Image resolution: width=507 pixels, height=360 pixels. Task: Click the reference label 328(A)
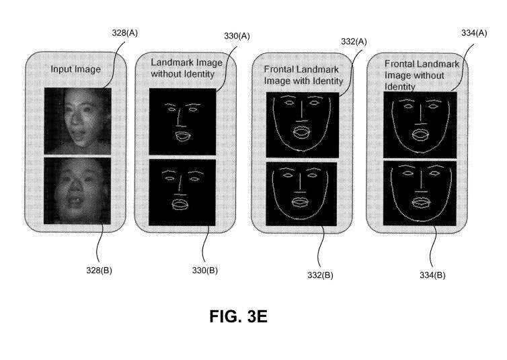(125, 33)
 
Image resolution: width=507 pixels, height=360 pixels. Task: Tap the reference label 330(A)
(237, 36)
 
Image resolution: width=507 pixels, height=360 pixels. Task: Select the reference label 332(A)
(354, 42)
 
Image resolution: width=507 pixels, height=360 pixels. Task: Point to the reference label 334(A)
(474, 33)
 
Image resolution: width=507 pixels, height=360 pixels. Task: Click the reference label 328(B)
(99, 270)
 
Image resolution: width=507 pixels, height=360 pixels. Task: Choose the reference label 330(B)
(204, 270)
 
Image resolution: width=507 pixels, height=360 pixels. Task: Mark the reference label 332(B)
(320, 275)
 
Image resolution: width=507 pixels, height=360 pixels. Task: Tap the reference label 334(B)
(432, 275)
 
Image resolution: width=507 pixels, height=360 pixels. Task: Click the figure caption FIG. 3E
(238, 316)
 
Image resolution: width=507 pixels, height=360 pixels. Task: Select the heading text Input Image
(76, 69)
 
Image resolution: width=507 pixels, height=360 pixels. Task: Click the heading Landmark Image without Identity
(186, 68)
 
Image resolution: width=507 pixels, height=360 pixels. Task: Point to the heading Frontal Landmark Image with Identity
(303, 75)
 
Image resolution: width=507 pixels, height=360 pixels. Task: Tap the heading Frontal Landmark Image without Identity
(422, 75)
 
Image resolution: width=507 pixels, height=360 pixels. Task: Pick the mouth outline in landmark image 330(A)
(183, 136)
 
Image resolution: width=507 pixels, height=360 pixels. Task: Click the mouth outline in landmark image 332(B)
(300, 203)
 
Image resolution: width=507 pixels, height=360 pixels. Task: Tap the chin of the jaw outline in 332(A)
(301, 151)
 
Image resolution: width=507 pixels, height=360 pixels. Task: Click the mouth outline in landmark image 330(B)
(179, 205)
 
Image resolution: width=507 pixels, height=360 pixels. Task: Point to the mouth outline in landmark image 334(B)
(421, 202)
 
